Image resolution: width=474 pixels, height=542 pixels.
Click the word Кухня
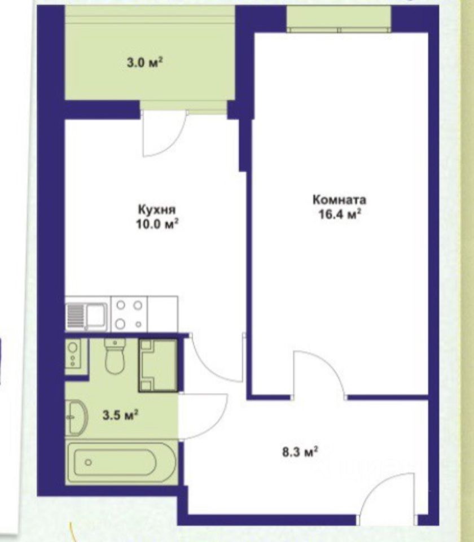pyautogui.click(x=157, y=210)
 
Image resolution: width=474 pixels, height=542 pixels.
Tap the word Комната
pyautogui.click(x=339, y=200)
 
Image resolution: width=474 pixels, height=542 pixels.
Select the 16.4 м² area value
pyautogui.click(x=340, y=214)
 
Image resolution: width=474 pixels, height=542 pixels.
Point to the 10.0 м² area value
pyautogui.click(x=157, y=224)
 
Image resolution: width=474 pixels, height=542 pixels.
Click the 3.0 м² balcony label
pyautogui.click(x=145, y=63)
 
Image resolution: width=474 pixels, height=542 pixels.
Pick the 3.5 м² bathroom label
pyautogui.click(x=121, y=415)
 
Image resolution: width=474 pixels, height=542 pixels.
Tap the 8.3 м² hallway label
pyautogui.click(x=300, y=452)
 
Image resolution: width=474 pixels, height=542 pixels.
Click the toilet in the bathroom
pyautogui.click(x=115, y=356)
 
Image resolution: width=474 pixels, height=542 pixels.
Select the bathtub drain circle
pyautogui.click(x=89, y=462)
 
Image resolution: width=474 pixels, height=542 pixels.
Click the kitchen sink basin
pyautogui.click(x=96, y=315)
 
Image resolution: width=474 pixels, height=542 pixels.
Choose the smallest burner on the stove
pyautogui.click(x=139, y=324)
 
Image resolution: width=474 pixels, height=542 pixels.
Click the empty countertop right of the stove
pyautogui.click(x=163, y=313)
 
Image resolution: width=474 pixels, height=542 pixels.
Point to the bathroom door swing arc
pyautogui.click(x=213, y=423)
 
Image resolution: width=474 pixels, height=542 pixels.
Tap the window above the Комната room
pyautogui.click(x=339, y=19)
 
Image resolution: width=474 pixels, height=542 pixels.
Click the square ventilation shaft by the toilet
pyautogui.click(x=158, y=365)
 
